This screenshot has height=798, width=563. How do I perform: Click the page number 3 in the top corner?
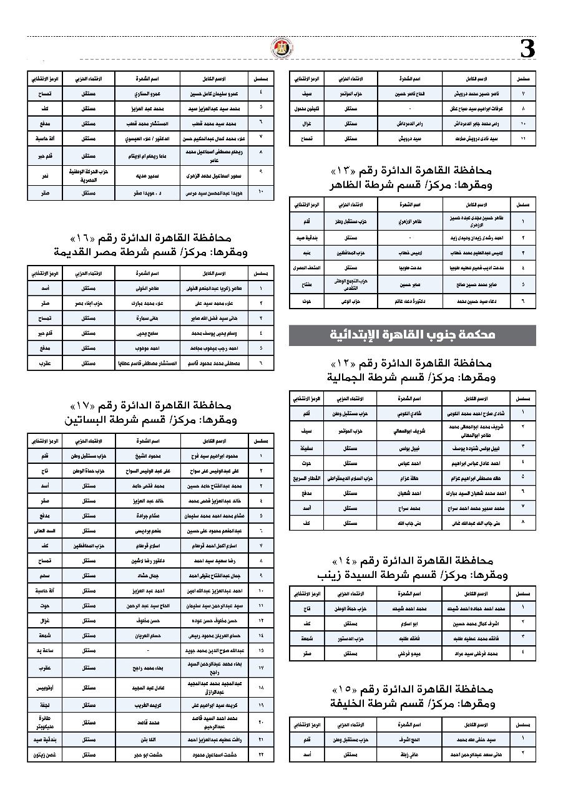click(x=528, y=49)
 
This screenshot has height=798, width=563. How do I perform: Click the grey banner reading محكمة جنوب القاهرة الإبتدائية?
click(x=413, y=335)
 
